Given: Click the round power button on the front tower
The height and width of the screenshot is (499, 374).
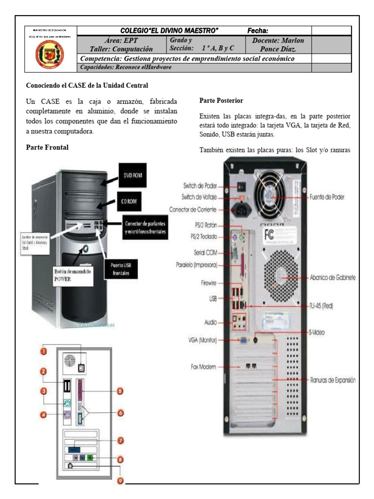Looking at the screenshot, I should click(85, 249).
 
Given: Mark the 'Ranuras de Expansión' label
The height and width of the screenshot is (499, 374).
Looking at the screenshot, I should click(333, 380).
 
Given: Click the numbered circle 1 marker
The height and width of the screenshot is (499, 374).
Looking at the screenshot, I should click(43, 350).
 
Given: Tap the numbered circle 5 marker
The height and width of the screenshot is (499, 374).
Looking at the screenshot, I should click(120, 390).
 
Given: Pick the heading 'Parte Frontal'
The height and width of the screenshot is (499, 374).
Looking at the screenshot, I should click(47, 148).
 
